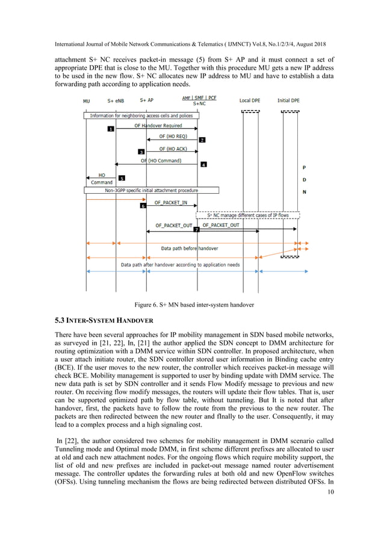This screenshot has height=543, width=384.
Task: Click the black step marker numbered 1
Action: tap(111, 129)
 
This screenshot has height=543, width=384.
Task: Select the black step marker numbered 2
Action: tap(202, 140)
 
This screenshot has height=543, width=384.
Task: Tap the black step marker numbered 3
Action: tap(141, 152)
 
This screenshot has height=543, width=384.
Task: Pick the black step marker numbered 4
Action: tap(203, 164)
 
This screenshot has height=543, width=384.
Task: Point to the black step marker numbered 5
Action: tap(122, 178)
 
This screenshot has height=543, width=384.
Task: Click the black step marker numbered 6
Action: tap(143, 206)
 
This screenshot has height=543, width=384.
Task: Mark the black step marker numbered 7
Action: tap(196, 230)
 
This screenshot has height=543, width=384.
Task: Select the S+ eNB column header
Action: tap(117, 101)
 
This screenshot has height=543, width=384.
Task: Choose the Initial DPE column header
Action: tap(288, 101)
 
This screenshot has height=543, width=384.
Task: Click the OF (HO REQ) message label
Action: tap(173, 137)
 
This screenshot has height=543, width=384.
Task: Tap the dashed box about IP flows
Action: tap(248, 214)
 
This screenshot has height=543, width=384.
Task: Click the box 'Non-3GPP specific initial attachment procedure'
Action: tap(151, 190)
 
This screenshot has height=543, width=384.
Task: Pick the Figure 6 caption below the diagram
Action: tap(191, 305)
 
